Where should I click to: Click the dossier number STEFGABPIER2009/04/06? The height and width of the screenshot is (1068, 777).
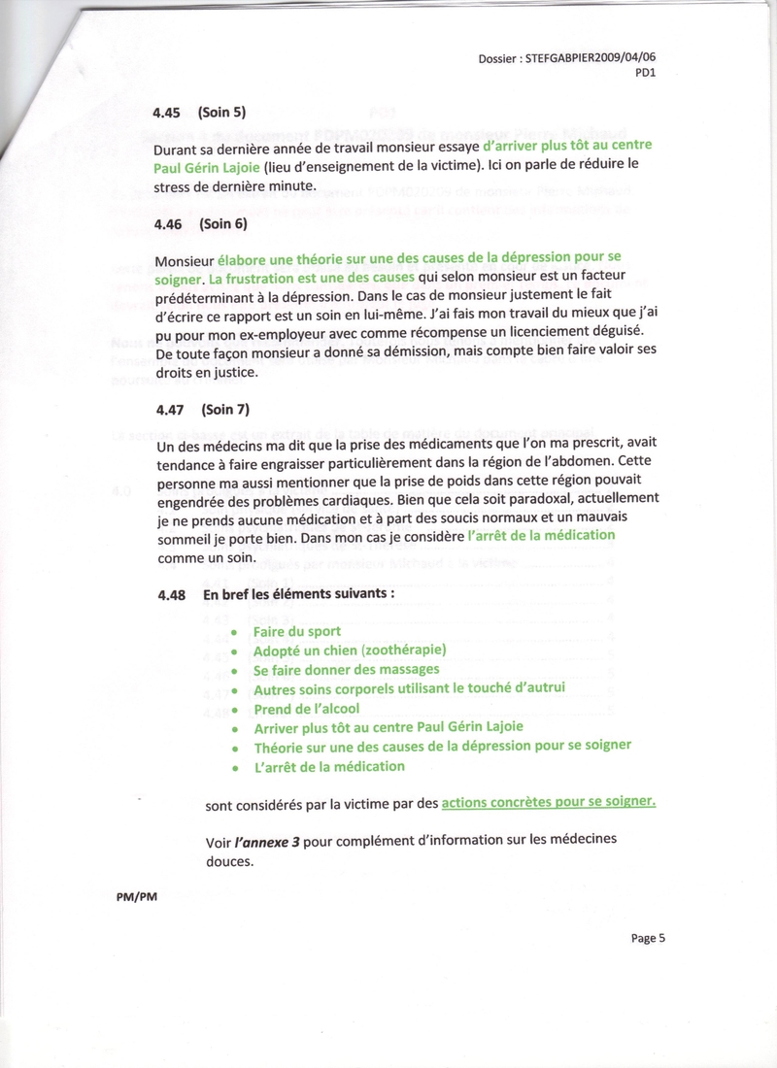(596, 58)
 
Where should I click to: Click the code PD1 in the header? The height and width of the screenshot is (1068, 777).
(646, 73)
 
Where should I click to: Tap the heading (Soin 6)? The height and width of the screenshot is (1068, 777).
(222, 224)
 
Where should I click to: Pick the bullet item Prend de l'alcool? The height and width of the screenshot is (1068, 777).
(308, 708)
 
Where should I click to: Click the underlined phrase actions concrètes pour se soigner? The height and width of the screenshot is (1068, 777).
(549, 802)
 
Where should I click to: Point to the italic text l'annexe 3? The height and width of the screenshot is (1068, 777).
(266, 841)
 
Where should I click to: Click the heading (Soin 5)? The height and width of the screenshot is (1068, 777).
(222, 113)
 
